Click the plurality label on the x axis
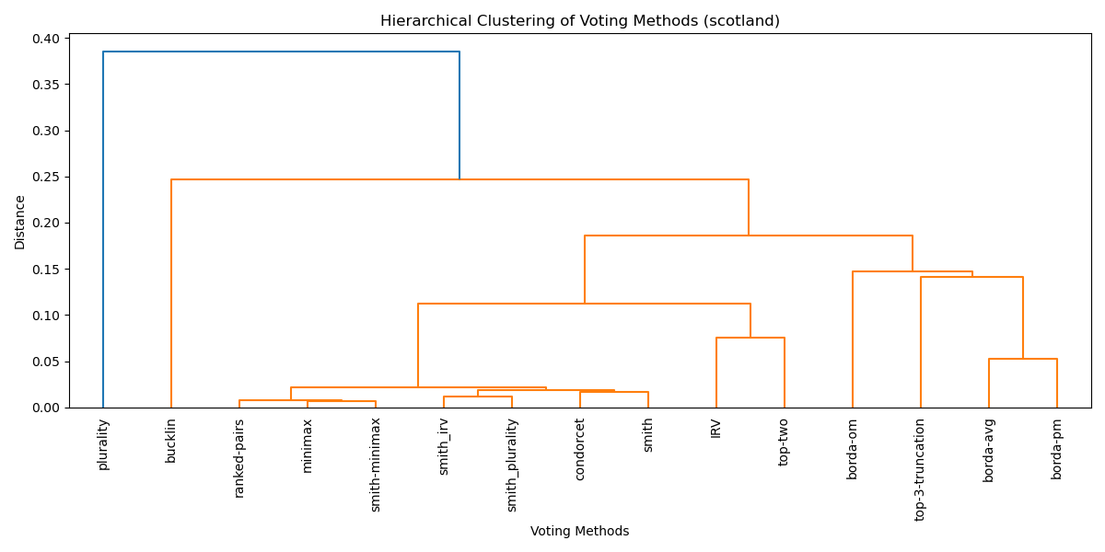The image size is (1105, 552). pos(103,444)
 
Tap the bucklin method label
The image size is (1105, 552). pos(171,441)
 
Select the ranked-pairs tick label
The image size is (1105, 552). pos(239,458)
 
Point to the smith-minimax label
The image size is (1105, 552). pos(376,466)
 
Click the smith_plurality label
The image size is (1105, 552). pos(512,466)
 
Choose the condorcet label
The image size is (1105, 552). pos(580,449)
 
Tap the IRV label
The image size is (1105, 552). pos(716,428)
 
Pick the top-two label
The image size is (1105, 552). pos(785,442)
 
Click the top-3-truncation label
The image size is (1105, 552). pos(921,469)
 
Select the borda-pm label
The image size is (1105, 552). pos(1057,449)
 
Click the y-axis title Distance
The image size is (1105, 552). pos(20,222)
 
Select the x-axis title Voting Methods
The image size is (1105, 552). pos(580,532)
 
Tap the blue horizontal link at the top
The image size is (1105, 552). pos(281,52)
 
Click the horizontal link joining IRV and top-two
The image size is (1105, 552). pos(750,338)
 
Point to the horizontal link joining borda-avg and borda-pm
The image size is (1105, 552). pos(1023,359)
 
